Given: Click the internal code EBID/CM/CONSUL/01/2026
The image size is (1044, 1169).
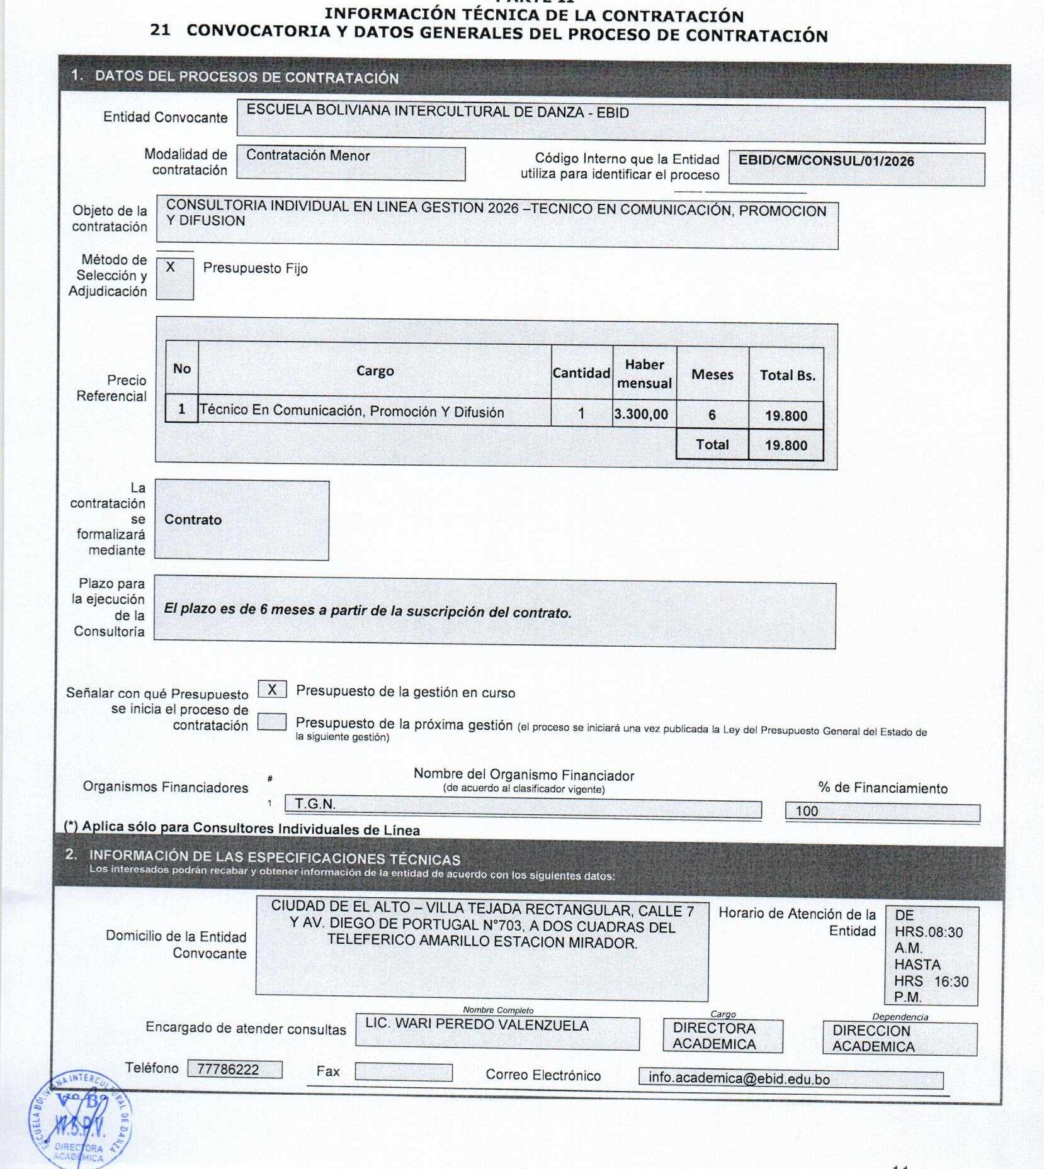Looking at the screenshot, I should pyautogui.click(x=826, y=161).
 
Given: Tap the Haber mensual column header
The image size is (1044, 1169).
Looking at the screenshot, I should pyautogui.click(x=644, y=374).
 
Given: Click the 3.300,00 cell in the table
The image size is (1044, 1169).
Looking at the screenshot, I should pyautogui.click(x=641, y=414).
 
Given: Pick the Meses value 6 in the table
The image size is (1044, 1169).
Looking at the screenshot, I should pyautogui.click(x=712, y=415).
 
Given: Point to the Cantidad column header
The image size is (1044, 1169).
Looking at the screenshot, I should pyautogui.click(x=581, y=373).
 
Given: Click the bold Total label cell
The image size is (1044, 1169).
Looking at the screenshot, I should pyautogui.click(x=712, y=444).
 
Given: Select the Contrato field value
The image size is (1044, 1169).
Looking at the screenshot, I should pyautogui.click(x=193, y=520).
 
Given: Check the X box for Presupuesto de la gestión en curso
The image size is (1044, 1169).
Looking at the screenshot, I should pyautogui.click(x=272, y=690).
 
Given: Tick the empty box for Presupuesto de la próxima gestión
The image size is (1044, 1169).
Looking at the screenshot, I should pyautogui.click(x=272, y=722).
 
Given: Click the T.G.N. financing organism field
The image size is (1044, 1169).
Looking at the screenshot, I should pyautogui.click(x=523, y=805).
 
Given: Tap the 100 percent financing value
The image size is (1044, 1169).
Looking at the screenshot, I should pyautogui.click(x=882, y=812).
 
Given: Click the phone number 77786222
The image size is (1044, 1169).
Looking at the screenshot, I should pyautogui.click(x=234, y=1070).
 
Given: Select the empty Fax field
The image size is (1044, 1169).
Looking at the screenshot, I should pyautogui.click(x=403, y=1071).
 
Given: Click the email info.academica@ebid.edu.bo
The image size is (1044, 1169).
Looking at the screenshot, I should pyautogui.click(x=790, y=1078).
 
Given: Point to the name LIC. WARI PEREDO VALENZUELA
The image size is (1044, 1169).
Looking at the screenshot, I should pyautogui.click(x=477, y=1026).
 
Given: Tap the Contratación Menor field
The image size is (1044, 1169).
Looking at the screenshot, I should pyautogui.click(x=351, y=163).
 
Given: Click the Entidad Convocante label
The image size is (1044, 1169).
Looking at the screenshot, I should pyautogui.click(x=165, y=117).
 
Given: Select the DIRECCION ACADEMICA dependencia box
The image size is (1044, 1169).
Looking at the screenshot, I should pyautogui.click(x=899, y=1039).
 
